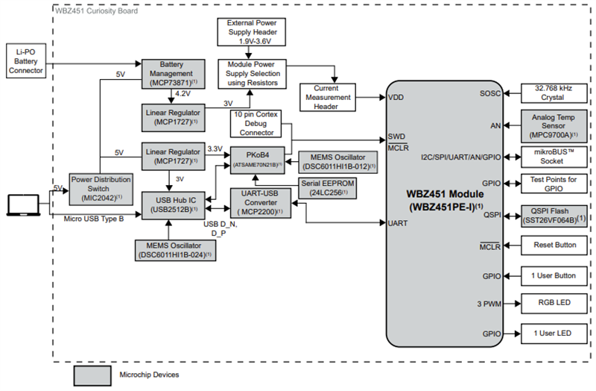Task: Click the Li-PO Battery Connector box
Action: tap(25, 60)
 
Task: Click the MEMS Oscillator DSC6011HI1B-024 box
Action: tap(174, 249)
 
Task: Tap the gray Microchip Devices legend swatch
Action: tap(92, 374)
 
